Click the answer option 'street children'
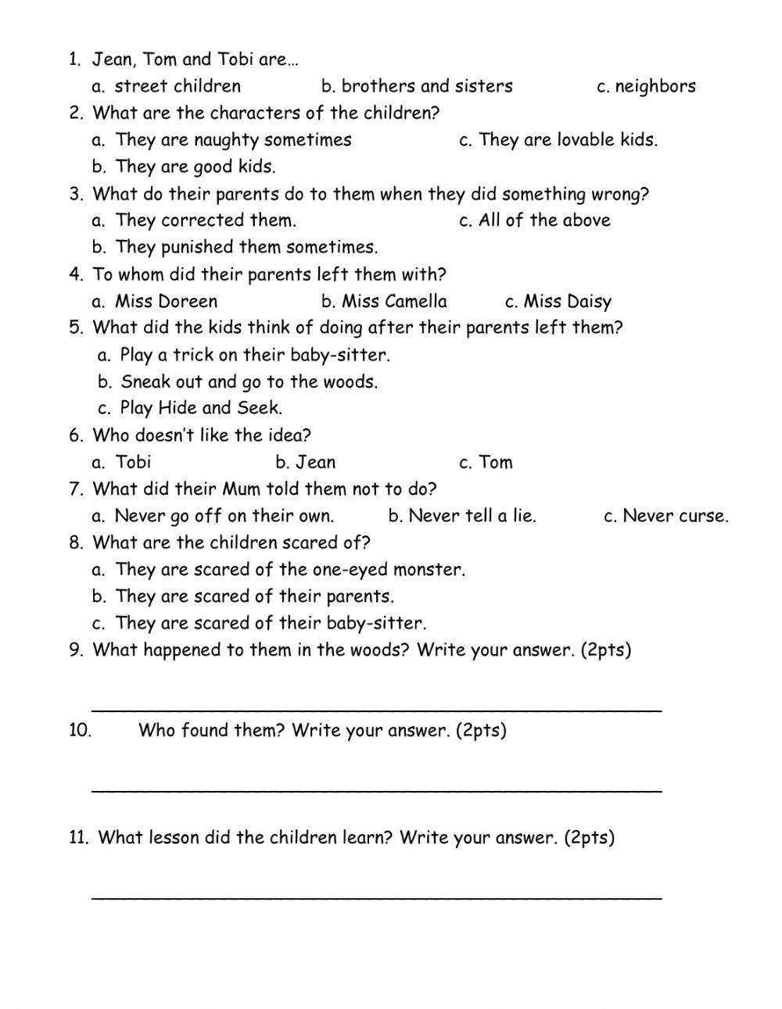tap(178, 86)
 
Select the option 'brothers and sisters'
tap(426, 86)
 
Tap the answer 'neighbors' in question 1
tap(655, 87)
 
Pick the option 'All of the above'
tap(544, 220)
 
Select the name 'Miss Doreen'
tap(166, 302)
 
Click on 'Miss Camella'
tap(394, 302)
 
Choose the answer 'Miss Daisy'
tap(567, 302)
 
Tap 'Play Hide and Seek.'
tap(201, 408)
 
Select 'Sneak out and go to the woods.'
tap(249, 381)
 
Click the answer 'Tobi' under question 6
tap(133, 462)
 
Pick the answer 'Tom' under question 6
tap(495, 462)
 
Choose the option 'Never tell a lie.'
tap(472, 516)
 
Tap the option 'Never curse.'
tap(675, 516)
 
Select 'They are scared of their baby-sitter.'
tap(271, 624)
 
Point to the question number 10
tap(81, 731)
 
